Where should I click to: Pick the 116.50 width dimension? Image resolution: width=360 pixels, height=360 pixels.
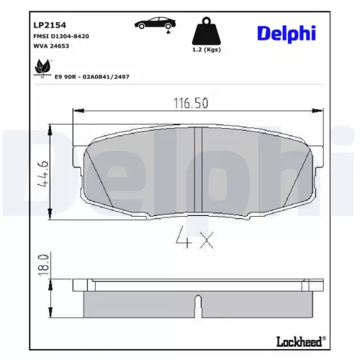(x=191, y=104)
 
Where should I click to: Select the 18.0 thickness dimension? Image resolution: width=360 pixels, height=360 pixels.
(x=43, y=264)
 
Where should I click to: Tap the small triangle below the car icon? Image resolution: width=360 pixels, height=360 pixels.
(x=168, y=32)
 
